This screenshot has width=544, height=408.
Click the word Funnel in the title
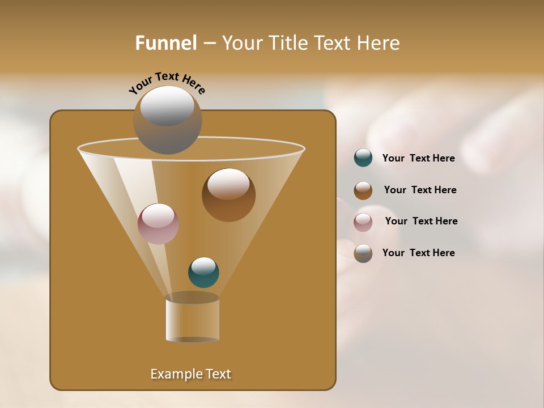pyautogui.click(x=166, y=43)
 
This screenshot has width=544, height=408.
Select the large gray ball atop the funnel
pyautogui.click(x=167, y=120)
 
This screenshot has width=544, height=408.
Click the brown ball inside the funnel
pyautogui.click(x=228, y=195)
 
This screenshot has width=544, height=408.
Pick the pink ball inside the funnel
pyautogui.click(x=158, y=224)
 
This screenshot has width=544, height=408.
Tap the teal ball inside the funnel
pyautogui.click(x=203, y=273)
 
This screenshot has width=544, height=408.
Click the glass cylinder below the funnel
pyautogui.click(x=192, y=318)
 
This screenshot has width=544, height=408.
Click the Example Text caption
pyautogui.click(x=191, y=374)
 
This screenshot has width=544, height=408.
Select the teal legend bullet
pyautogui.click(x=363, y=158)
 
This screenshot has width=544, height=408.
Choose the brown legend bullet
pyautogui.click(x=363, y=190)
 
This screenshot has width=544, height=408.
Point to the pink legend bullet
pyautogui.click(x=363, y=222)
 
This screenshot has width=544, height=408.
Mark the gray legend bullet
pyautogui.click(x=363, y=253)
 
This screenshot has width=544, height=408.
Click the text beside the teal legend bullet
pyautogui.click(x=418, y=158)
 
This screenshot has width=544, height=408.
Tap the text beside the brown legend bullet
pyautogui.click(x=420, y=190)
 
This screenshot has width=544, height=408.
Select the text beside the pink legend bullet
pyautogui.click(x=421, y=221)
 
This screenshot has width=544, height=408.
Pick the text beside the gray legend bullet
pyautogui.click(x=418, y=253)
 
